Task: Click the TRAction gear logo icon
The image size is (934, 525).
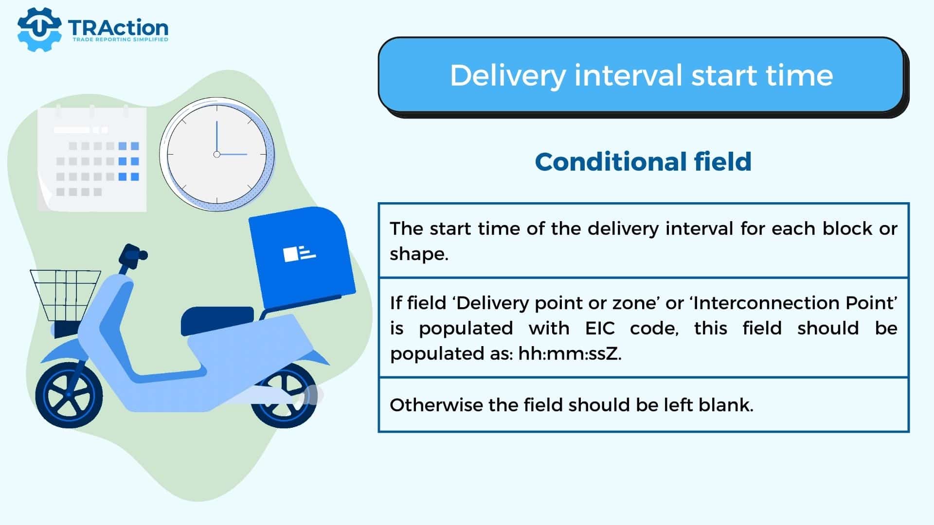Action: click(39, 29)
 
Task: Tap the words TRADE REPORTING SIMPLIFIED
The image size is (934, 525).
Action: click(120, 39)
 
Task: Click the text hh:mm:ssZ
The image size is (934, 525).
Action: click(570, 353)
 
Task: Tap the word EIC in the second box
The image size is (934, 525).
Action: click(600, 328)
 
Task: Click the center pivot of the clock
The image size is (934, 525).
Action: click(217, 154)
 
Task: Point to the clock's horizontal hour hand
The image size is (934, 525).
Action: click(233, 154)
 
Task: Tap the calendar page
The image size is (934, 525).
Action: click(92, 159)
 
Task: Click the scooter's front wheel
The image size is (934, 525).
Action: click(69, 394)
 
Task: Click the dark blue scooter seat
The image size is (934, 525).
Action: click(217, 320)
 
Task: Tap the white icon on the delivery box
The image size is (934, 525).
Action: click(299, 253)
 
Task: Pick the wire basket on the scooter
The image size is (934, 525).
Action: click(66, 296)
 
